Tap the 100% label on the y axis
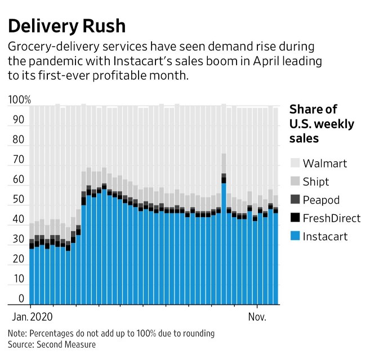click(x=20, y=101)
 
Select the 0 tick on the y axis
click(x=21, y=299)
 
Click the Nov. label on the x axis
click(x=257, y=316)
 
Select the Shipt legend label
click(x=315, y=182)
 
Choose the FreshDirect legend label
click(x=331, y=218)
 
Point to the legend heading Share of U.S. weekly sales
click(x=321, y=124)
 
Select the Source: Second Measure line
click(x=52, y=344)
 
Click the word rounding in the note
click(x=198, y=333)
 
